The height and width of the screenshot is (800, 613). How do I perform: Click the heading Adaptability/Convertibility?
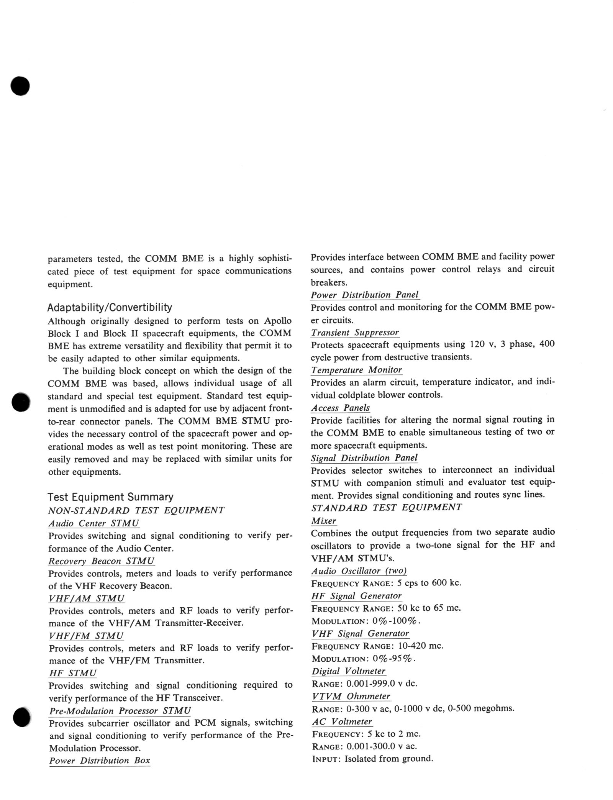(x=110, y=308)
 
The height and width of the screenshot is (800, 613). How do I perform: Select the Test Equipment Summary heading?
(x=110, y=497)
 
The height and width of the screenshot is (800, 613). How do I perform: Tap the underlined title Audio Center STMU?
(x=93, y=523)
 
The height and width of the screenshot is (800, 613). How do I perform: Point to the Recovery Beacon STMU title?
(x=102, y=561)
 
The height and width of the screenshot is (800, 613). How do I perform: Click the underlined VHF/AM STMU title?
(x=87, y=598)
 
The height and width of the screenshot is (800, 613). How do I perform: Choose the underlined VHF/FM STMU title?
(x=87, y=636)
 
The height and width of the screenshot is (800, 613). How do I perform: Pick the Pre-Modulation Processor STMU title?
(x=120, y=711)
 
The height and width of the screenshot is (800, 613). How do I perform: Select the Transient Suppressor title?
(x=355, y=333)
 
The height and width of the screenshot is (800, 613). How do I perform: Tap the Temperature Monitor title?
(x=356, y=370)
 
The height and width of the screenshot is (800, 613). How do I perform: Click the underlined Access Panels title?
(x=340, y=408)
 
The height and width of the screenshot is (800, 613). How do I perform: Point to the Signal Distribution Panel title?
(x=364, y=458)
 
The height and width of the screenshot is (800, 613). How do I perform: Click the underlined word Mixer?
(x=324, y=521)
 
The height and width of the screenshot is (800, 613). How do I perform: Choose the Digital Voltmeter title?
(x=348, y=671)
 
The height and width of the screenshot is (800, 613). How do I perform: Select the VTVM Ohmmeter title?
(x=351, y=696)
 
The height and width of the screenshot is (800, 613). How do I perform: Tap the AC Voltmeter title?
(x=342, y=722)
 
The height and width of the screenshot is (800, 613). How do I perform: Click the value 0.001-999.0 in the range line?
(x=370, y=684)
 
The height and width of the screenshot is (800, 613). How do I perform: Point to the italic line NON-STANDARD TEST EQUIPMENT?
(x=136, y=511)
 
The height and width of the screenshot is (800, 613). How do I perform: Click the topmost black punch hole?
(x=20, y=86)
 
